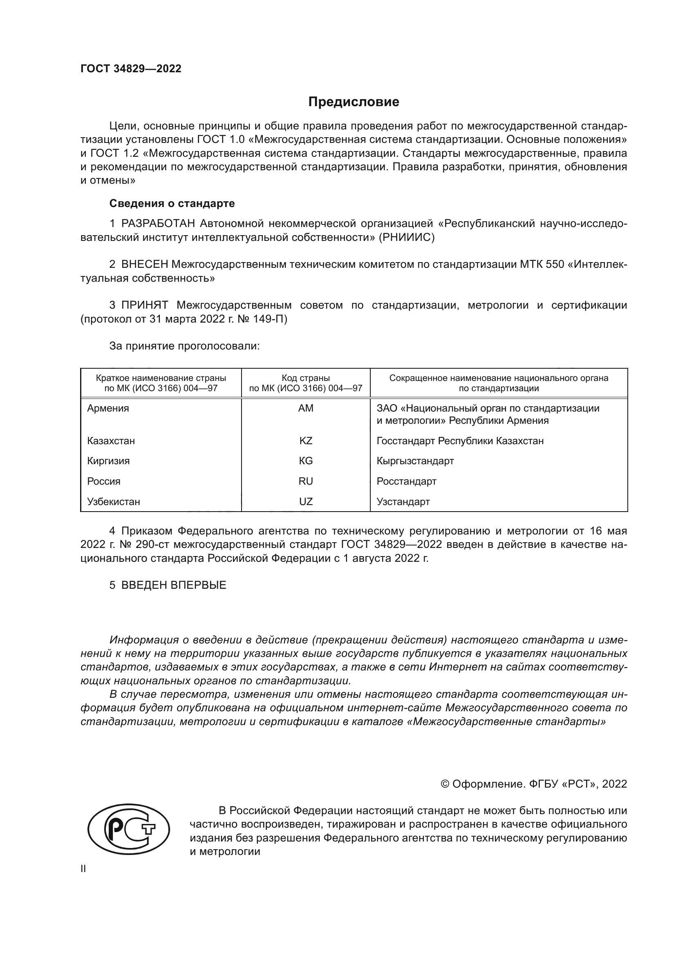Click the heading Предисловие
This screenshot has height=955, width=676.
(x=354, y=102)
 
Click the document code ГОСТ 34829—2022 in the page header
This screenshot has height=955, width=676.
(x=131, y=69)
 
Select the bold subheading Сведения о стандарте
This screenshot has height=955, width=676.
(x=172, y=203)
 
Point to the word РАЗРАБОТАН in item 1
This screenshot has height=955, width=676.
(x=158, y=224)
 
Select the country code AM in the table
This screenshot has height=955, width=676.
(x=306, y=408)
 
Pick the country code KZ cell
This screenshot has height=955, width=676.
(x=306, y=441)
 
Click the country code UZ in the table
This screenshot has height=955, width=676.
(x=306, y=502)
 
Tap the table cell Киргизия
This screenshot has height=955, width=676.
(x=108, y=461)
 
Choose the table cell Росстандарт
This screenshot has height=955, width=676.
(x=406, y=481)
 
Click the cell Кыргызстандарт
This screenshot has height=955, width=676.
(x=415, y=461)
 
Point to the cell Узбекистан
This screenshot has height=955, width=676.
(x=113, y=502)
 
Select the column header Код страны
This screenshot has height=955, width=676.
(x=306, y=378)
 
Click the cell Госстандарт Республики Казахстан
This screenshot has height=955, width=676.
(x=459, y=441)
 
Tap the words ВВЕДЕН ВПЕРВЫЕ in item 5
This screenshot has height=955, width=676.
(x=174, y=585)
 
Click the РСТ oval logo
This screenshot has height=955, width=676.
(x=129, y=829)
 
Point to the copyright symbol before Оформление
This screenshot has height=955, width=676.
(x=445, y=784)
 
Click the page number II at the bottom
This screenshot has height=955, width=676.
(x=83, y=869)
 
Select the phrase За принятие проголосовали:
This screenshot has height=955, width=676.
(x=184, y=346)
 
